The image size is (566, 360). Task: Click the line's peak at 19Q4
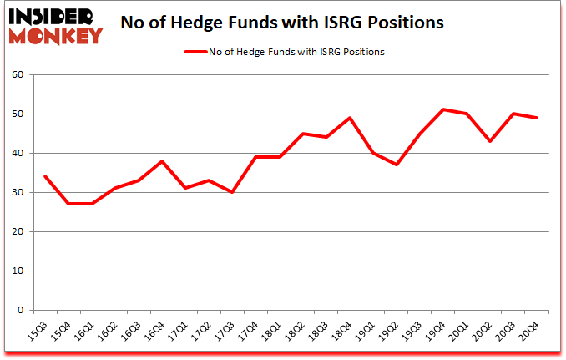pos(442,109)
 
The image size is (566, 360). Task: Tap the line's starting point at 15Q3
pos(45,176)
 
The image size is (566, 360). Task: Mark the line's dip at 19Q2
pos(396,165)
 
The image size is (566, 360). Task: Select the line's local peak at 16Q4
pos(162,161)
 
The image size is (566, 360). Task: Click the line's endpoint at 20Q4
pos(536,118)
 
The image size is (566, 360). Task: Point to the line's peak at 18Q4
pos(349,118)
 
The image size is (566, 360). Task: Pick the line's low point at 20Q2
pos(489,141)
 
